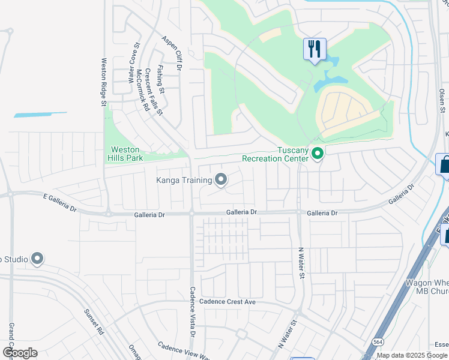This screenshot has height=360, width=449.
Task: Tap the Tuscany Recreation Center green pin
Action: (x=318, y=155)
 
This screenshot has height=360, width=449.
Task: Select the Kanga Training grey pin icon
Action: (x=221, y=179)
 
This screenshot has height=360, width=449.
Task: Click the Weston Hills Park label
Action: (x=124, y=154)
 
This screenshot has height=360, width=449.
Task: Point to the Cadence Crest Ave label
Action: (x=228, y=302)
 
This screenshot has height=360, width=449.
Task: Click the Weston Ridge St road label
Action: (x=104, y=82)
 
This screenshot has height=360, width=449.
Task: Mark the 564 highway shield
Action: (x=377, y=341)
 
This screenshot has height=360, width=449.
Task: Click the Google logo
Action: (x=19, y=353)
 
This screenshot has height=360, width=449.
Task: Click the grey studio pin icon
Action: (x=37, y=259)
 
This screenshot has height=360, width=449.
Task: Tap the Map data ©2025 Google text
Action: (x=412, y=355)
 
